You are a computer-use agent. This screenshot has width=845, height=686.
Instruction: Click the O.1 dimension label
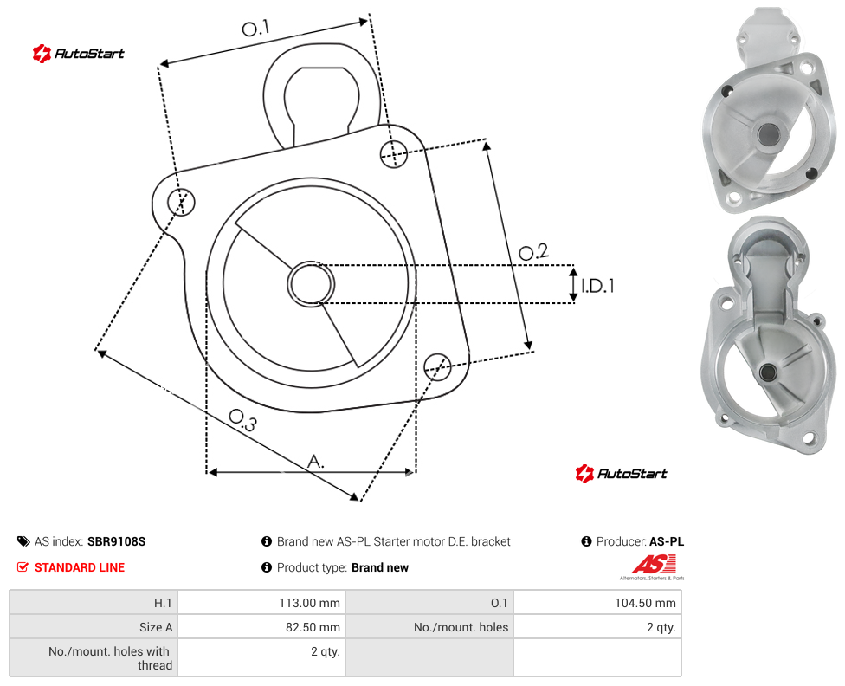pyautogui.click(x=255, y=28)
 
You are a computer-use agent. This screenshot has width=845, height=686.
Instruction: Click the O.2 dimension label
pyautogui.click(x=533, y=251)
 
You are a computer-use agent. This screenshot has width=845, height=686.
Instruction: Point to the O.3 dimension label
pyautogui.click(x=242, y=420)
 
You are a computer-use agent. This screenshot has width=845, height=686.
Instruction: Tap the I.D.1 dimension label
pyautogui.click(x=597, y=285)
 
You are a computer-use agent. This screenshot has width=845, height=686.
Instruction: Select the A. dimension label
pyautogui.click(x=316, y=462)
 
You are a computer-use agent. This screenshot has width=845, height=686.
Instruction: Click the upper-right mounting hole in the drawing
pyautogui.click(x=394, y=153)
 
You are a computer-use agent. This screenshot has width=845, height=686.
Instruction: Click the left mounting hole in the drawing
pyautogui.click(x=181, y=202)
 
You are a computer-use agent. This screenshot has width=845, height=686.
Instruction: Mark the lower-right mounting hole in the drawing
pyautogui.click(x=437, y=366)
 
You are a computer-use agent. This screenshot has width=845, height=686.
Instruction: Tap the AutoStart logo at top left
pyautogui.click(x=78, y=54)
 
